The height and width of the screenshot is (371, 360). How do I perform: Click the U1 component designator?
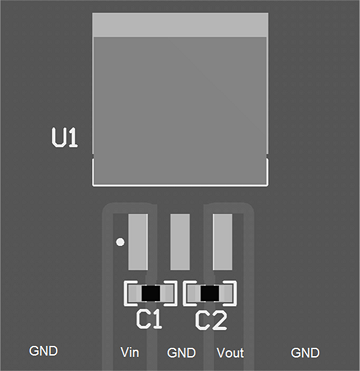64,138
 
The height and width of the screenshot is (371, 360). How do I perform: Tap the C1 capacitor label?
149,320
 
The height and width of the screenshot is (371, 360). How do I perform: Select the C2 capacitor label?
210,320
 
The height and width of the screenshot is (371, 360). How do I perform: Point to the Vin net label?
129,353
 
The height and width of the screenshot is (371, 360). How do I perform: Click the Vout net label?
230,353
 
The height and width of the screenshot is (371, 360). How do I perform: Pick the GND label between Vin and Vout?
181,353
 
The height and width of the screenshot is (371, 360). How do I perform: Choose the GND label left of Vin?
43,351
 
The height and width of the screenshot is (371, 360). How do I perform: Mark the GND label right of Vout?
305,353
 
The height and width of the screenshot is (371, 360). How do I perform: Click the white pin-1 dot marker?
120,241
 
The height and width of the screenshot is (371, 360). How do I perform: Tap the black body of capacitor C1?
150,294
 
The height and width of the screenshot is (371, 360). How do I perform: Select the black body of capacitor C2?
210,294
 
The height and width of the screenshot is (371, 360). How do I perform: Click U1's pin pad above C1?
138,241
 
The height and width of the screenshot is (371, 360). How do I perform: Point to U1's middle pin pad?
180,241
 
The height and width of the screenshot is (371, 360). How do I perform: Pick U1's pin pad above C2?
222,241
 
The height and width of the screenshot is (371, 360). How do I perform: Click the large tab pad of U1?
180,110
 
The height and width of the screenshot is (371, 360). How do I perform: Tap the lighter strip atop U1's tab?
180,25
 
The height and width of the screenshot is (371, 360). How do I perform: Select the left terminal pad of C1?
131,294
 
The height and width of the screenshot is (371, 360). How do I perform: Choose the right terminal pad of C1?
168,294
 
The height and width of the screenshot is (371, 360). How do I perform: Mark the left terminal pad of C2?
191,294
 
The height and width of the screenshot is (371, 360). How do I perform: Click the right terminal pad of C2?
228,294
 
